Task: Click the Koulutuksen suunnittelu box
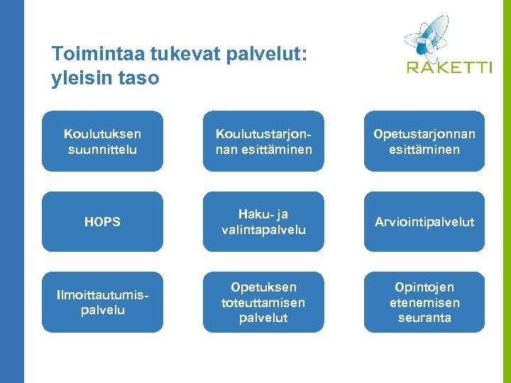click(x=102, y=141)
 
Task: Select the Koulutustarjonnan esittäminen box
click(x=263, y=141)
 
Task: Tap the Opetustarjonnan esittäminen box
click(x=424, y=141)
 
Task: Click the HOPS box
click(x=102, y=222)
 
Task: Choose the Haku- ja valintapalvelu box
click(x=263, y=222)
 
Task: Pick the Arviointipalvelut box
click(x=424, y=222)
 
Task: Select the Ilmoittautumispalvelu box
click(x=102, y=303)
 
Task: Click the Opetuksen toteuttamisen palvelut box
click(x=263, y=303)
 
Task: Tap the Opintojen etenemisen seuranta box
click(x=424, y=303)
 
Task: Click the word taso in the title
click(x=140, y=78)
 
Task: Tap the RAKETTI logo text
click(x=449, y=67)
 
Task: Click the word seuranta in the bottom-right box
click(x=424, y=318)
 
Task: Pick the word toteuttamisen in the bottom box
click(x=263, y=303)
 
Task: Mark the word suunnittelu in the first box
click(x=102, y=150)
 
